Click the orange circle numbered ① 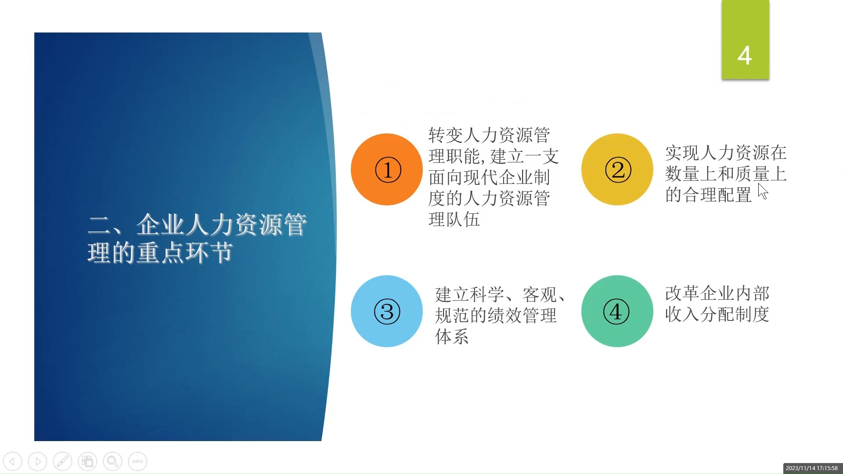(387, 169)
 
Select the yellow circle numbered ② (617, 169)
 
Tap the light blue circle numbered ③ (387, 311)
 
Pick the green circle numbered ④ (617, 311)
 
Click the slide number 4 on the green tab (745, 56)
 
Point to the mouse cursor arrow (763, 191)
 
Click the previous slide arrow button (12, 461)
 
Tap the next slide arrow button (37, 461)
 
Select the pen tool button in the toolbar (62, 461)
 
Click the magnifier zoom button (112, 461)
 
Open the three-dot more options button (137, 461)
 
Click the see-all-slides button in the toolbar (87, 461)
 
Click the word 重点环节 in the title (184, 253)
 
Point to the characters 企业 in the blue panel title (160, 225)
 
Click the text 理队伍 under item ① (454, 219)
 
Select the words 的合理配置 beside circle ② (708, 195)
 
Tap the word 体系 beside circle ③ (452, 337)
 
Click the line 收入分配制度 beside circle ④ (717, 314)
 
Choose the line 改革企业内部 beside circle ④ (717, 293)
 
